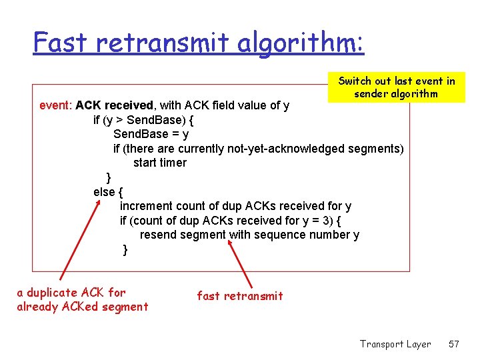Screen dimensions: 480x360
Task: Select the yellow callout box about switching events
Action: [396, 87]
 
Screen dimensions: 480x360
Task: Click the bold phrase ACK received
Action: [115, 105]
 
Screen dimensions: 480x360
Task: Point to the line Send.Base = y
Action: [151, 134]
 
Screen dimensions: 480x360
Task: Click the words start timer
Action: [159, 163]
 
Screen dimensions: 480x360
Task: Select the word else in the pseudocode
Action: [104, 192]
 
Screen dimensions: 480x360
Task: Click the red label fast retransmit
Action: [239, 296]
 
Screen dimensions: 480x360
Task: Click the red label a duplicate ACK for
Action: [71, 292]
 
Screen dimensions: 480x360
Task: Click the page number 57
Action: [453, 344]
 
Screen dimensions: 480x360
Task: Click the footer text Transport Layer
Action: [395, 344]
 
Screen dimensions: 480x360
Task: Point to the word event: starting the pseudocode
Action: [56, 105]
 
